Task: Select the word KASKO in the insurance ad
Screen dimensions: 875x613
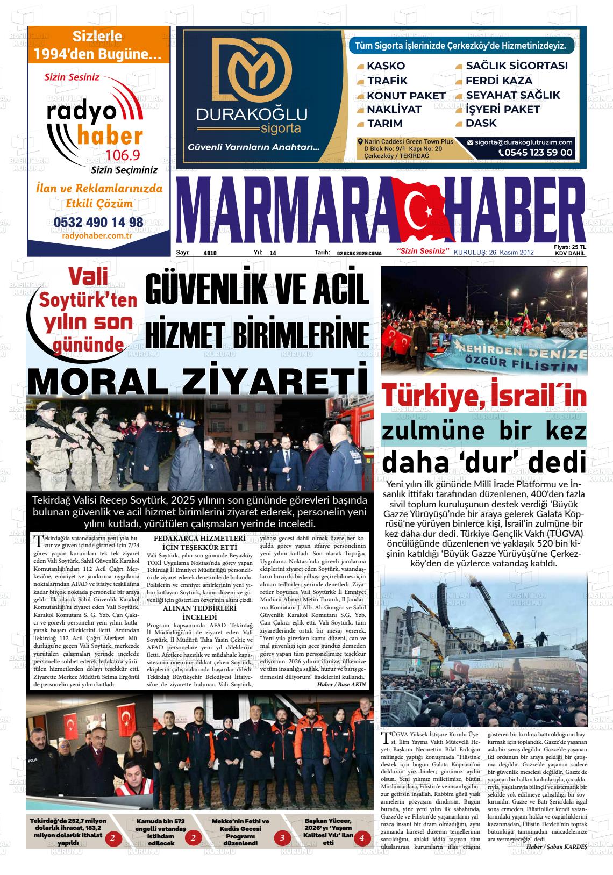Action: tap(386, 66)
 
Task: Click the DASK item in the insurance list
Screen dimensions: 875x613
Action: tap(481, 123)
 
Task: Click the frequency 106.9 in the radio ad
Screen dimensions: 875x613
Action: tap(123, 156)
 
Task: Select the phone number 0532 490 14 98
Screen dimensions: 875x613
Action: tap(98, 222)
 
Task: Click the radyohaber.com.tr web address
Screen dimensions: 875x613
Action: tap(98, 235)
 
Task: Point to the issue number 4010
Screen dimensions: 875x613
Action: tap(210, 253)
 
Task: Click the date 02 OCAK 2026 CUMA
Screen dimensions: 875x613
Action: tap(359, 253)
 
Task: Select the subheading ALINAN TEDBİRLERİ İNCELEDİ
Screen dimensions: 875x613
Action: tap(199, 613)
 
